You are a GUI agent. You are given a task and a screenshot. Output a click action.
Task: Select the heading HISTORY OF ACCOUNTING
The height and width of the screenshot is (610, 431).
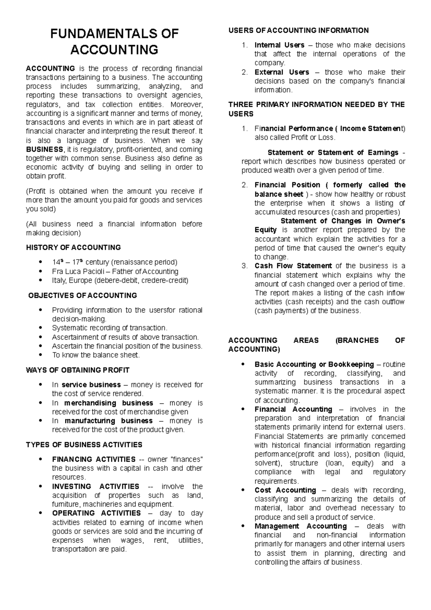pos(73,248)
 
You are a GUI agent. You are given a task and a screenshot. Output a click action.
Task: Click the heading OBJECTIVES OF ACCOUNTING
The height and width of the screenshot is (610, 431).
pos(83,295)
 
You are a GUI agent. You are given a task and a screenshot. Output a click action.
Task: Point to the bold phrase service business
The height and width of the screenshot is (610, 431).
pos(91,385)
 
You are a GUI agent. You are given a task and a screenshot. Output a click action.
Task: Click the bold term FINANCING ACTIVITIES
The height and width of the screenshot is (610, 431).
pos(93,459)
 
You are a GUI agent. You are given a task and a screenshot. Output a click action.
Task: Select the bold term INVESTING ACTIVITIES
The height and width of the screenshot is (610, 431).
pos(96,486)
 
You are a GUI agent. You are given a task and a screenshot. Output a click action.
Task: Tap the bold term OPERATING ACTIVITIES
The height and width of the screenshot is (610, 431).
pos(96,513)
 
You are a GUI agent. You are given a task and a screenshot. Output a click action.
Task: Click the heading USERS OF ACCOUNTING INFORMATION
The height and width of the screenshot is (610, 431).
pos(298,30)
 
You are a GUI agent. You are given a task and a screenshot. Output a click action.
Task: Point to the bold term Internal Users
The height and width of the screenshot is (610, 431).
pos(279,45)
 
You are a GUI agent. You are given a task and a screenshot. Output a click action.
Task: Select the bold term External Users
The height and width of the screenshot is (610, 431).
pos(282,72)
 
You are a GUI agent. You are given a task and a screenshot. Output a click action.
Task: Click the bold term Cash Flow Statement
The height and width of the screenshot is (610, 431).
pos(293,266)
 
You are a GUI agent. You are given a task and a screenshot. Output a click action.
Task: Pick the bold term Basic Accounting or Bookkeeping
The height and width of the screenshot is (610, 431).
pos(314,364)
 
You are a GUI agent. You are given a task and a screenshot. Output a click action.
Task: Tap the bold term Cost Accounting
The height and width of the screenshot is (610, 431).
pos(285,490)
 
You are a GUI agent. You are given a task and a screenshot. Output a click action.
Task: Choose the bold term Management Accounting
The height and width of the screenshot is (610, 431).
pos(301,526)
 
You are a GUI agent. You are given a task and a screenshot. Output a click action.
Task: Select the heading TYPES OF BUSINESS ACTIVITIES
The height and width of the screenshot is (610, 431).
pos(84,445)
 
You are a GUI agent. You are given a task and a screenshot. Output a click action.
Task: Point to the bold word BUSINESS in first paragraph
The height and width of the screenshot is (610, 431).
pos(45,149)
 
